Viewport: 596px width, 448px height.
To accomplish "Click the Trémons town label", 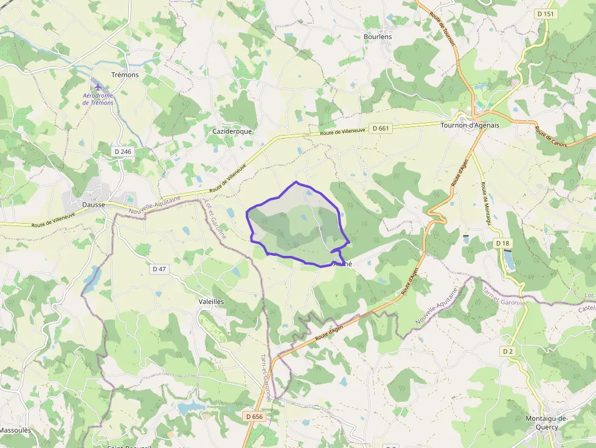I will (125, 75).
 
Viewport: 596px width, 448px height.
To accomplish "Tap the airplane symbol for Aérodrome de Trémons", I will (99, 84).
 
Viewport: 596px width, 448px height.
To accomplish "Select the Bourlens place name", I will (378, 36).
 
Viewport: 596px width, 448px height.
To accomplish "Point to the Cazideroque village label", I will (232, 131).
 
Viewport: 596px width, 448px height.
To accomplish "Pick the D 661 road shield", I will (380, 128).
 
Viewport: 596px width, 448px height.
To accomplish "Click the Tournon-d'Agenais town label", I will (469, 125).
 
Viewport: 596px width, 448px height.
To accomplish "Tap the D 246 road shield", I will (122, 151).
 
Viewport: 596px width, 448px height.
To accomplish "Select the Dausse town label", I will (94, 205).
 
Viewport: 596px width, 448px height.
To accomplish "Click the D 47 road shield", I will (159, 268).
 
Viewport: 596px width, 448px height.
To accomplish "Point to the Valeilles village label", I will (212, 302).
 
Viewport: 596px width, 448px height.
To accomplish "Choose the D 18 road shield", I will (502, 243).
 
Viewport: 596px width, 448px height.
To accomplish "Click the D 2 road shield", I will (508, 351).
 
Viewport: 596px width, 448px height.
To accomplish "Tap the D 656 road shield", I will (255, 416).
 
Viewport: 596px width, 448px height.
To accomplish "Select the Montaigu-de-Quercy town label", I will (546, 422).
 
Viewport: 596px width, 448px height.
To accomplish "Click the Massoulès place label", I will (15, 430).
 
